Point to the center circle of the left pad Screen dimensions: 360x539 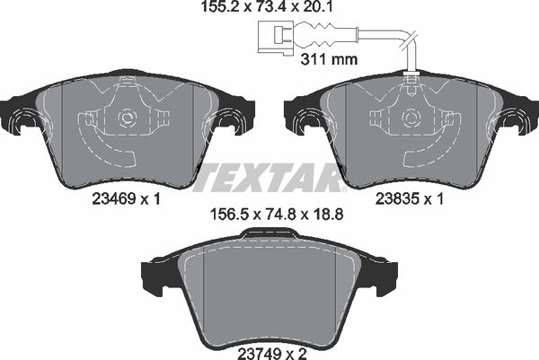[126, 117]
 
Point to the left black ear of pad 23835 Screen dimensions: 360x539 [297, 114]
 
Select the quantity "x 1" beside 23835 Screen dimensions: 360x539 [437, 202]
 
